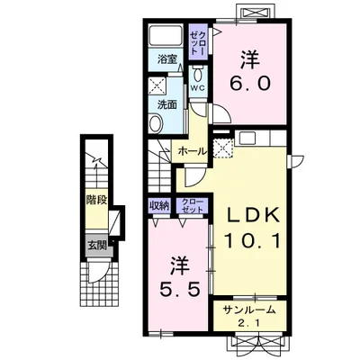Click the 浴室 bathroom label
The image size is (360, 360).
(166, 59)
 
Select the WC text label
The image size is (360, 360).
(198, 88)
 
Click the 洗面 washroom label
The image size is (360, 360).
(166, 104)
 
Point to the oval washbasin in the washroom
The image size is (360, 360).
(156, 123)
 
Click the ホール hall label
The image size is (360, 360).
(193, 151)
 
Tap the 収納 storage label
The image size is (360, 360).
(159, 206)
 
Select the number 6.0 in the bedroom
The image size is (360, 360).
(250, 84)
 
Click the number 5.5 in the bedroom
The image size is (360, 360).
(179, 290)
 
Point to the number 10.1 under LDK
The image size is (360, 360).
(251, 241)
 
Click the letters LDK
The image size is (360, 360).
(252, 216)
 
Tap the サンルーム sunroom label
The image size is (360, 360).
(249, 310)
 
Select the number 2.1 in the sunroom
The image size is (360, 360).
(249, 323)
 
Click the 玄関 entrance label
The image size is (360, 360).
(97, 246)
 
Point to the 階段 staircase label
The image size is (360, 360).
(96, 200)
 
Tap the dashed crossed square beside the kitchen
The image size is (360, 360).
(223, 148)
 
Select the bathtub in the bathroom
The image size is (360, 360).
(166, 37)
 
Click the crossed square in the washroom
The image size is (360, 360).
(157, 85)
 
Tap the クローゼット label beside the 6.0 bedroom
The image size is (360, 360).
(198, 42)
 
